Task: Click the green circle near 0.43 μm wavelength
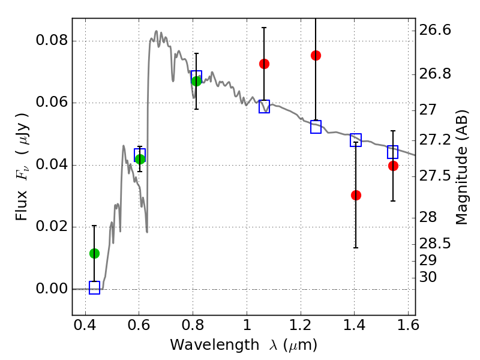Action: click(94, 253)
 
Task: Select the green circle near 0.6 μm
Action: click(140, 159)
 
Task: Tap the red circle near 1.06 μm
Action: click(264, 64)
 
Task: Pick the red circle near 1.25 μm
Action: click(316, 55)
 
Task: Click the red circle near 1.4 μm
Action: click(356, 196)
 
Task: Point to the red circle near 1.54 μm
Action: click(393, 166)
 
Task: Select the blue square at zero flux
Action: click(95, 288)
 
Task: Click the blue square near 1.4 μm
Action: click(356, 140)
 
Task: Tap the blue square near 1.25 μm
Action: click(316, 127)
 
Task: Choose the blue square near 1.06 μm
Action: click(264, 107)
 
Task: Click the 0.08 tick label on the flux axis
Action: click(52, 40)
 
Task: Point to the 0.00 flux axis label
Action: click(52, 289)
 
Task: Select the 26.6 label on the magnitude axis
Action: click(435, 31)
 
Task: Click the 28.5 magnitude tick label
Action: click(435, 244)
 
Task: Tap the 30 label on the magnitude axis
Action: click(428, 277)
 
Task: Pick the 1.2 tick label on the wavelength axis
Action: click(301, 325)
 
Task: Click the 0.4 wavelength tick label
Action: click(85, 325)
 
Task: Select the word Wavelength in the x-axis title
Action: click(215, 345)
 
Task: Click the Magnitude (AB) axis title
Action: click(462, 167)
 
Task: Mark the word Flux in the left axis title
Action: click(22, 205)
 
